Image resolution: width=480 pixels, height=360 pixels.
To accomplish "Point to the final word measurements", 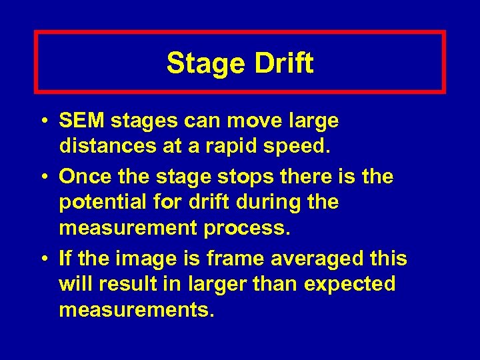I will [x=137, y=309].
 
